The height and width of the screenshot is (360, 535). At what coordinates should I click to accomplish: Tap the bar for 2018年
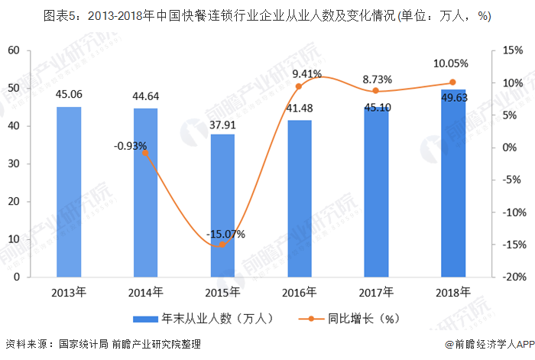click(x=452, y=183)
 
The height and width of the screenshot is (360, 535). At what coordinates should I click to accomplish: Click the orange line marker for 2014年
click(x=145, y=153)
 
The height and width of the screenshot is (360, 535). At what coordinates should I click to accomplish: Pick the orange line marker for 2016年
click(x=299, y=86)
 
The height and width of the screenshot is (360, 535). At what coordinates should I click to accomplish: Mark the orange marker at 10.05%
click(x=452, y=83)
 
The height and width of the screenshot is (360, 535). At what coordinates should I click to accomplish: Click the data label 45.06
click(x=69, y=96)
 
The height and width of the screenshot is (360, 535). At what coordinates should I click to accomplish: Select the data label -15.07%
click(x=222, y=234)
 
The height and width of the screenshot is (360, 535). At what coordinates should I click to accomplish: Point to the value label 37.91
click(x=222, y=122)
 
